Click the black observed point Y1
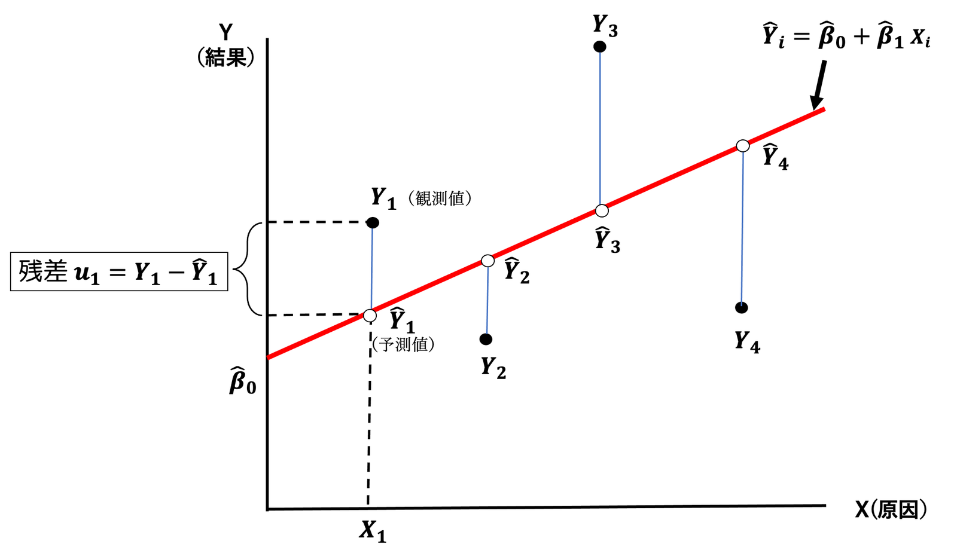coord(373,223)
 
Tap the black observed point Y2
coord(486,339)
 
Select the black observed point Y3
coord(599,47)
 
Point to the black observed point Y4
coord(742,308)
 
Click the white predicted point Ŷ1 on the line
coord(370,315)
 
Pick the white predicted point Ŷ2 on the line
coord(487,261)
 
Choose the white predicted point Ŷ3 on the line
coord(602,210)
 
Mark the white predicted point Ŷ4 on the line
coord(742,146)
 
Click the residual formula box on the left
coord(119,271)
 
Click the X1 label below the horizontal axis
coord(372,530)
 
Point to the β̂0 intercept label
coord(242,380)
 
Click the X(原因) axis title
coord(891,509)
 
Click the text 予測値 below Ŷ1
coord(403,344)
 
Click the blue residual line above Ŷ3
coord(600,129)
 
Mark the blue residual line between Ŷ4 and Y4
coord(742,227)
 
